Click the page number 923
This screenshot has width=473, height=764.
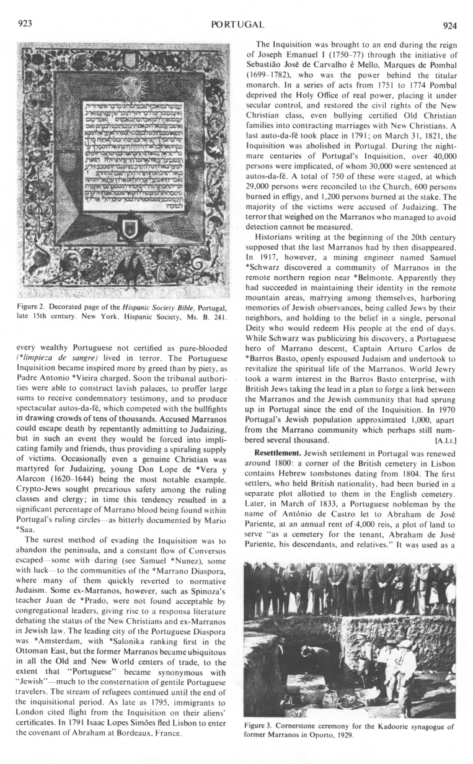tap(25, 24)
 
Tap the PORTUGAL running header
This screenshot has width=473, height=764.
tap(237, 25)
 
